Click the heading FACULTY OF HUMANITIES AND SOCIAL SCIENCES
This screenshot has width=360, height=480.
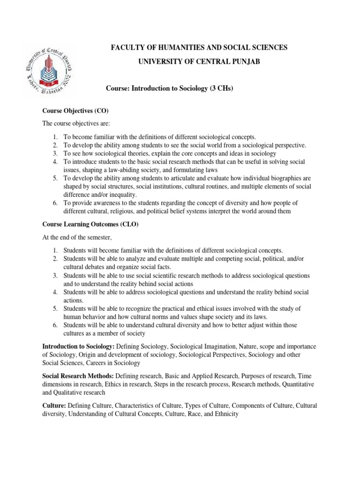(198, 47)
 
